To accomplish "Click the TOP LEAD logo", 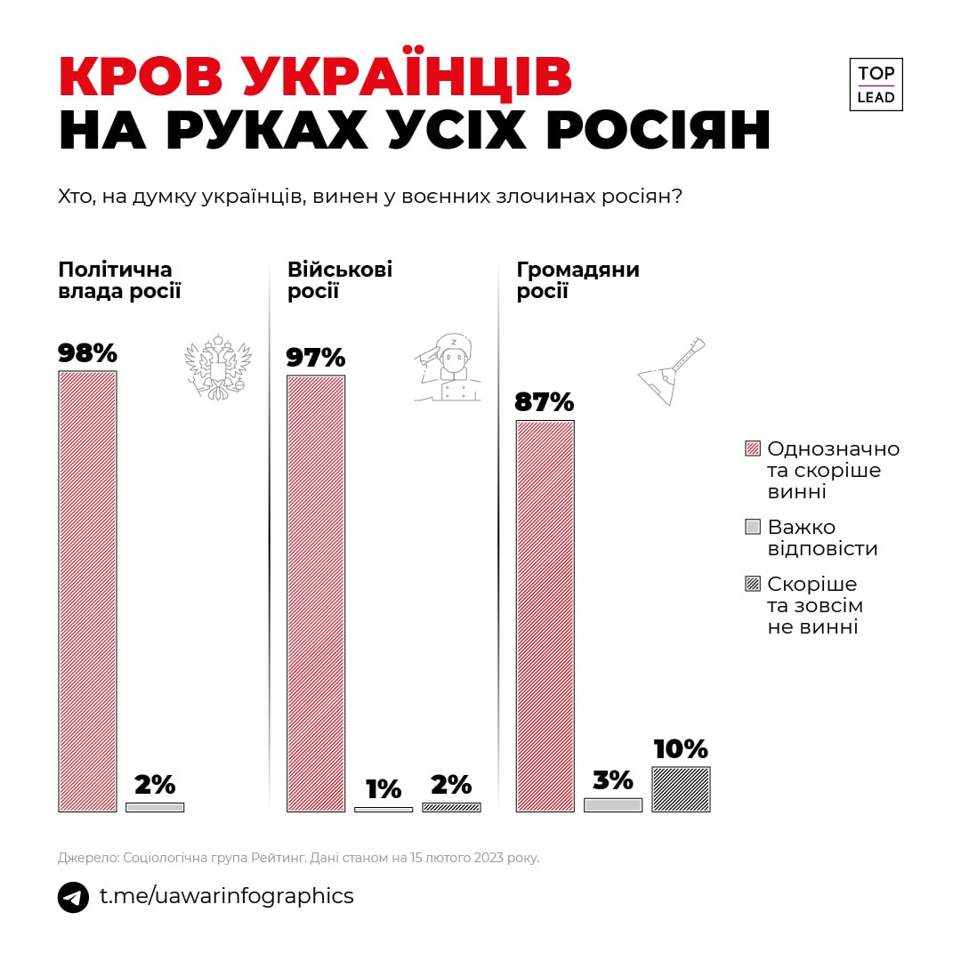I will [x=876, y=85].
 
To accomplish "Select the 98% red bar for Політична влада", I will [x=87, y=591].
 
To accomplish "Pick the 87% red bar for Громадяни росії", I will [x=545, y=616].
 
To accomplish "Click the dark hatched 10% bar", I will [x=681, y=789].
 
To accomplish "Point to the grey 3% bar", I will [x=613, y=804].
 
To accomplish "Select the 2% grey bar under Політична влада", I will [x=155, y=807].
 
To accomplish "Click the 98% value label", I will [x=87, y=353].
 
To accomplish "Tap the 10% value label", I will [x=681, y=749].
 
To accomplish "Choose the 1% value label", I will [x=384, y=789].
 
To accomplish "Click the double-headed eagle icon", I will [x=217, y=367].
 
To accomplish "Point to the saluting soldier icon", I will [x=449, y=367].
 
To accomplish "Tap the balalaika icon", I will [x=672, y=372].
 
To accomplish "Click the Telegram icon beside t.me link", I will [x=73, y=897].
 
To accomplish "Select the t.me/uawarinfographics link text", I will [x=226, y=896].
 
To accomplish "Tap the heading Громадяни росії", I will [x=578, y=280].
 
